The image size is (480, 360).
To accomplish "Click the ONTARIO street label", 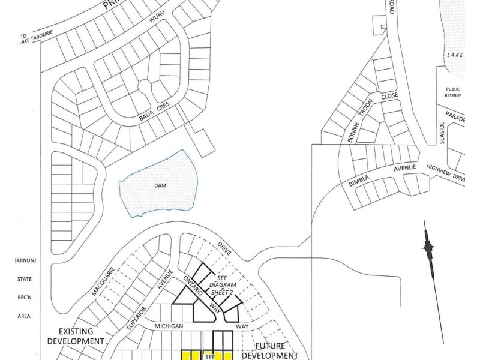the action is point(193,286).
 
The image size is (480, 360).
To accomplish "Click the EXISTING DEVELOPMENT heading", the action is point(81,335).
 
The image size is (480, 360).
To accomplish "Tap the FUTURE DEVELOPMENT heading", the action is point(270,351).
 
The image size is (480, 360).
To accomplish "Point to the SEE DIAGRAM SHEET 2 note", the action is point(224,285).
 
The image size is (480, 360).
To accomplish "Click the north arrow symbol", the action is point(428,247).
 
